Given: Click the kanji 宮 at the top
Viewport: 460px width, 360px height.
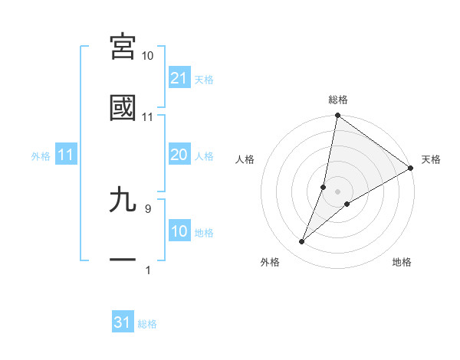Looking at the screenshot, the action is pos(123,47).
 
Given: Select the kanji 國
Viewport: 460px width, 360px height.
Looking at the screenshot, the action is pos(123,108).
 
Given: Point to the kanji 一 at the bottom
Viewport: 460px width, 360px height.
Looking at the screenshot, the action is pos(123,260).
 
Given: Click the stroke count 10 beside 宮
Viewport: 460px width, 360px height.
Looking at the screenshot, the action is pos(148,56).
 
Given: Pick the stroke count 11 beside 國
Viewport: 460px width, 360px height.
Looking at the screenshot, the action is pos(148,117).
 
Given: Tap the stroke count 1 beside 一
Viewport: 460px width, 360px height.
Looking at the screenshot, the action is pos(147,270).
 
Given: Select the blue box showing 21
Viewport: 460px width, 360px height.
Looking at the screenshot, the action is pos(179,77).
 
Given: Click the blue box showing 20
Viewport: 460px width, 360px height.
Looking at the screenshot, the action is pos(179,155).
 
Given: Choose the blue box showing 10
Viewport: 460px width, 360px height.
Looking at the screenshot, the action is pos(179,231).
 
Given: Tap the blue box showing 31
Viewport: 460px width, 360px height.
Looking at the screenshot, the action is pos(123,322).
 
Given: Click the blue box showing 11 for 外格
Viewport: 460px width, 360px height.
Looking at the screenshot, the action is pos(66,155).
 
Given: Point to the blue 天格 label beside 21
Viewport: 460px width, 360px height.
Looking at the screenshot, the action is pos(204,79).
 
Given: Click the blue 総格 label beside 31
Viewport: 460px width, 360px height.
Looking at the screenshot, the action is pos(148,324).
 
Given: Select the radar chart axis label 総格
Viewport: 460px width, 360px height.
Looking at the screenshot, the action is pos(338,100).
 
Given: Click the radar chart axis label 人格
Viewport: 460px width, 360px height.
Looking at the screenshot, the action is pos(245,160).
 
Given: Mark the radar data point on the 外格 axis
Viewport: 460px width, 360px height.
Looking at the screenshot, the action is pos(302,242).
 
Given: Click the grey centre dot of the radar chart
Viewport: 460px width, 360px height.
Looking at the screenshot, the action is pos(338,191).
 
